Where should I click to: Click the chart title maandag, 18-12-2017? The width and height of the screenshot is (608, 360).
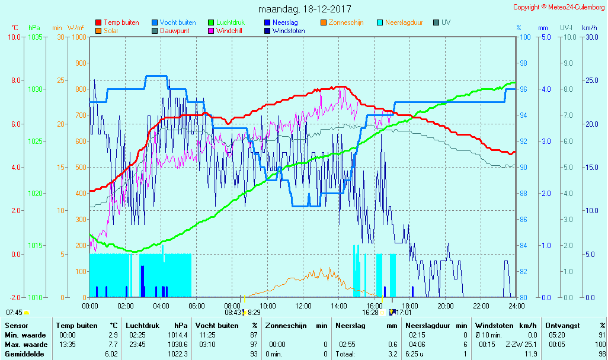point(305,9)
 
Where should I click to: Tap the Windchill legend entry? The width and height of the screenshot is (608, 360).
point(232,31)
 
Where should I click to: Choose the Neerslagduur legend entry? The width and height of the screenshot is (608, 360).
point(404,22)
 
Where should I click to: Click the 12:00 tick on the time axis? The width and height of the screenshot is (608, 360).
point(303,306)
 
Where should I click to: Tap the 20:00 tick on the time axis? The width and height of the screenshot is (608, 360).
point(446,306)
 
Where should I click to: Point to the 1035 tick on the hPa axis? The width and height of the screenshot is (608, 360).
point(35,37)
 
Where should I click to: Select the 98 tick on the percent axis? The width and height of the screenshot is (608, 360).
point(523,63)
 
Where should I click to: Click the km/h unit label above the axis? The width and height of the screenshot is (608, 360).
point(589,28)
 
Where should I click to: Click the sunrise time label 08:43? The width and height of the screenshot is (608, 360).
point(232,312)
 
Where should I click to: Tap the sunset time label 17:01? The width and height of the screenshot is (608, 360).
point(403,312)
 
